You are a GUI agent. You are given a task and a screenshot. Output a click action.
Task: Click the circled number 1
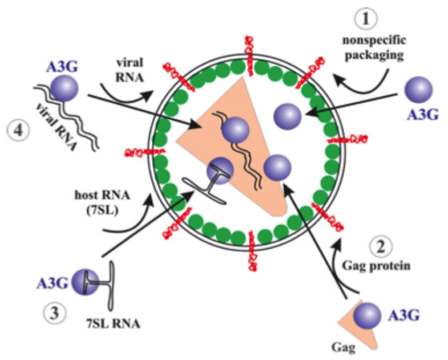pos(366,19)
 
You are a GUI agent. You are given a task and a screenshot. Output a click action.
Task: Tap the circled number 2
pos(381,247)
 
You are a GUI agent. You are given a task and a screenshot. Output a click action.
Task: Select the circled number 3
pos(55,313)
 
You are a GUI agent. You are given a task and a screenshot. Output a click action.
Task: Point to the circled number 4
pos(19,131)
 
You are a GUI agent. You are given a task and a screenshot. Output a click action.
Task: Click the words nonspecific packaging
pos(375,47)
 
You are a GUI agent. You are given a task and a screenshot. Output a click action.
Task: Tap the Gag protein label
pos(376,266)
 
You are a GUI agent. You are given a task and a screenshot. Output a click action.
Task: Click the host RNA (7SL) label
pos(102,202)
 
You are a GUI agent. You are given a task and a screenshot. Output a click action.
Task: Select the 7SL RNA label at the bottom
pos(114,323)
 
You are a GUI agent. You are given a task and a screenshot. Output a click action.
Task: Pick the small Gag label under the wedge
pos(343,347)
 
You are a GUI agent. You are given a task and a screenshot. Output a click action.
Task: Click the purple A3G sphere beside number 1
pos(418,90)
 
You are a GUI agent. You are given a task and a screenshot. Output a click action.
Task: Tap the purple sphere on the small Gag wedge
pos(367,315)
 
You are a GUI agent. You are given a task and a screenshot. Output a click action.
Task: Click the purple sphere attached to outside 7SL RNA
pos(85,282)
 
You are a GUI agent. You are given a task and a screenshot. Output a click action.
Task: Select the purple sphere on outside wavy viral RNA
pos(65,89)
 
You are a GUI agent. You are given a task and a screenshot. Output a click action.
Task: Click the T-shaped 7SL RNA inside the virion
pos(209,187)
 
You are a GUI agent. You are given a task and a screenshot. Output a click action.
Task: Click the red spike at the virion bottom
pos(253,252)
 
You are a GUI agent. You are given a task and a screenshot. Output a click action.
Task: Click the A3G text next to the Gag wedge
pos(404,315)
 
